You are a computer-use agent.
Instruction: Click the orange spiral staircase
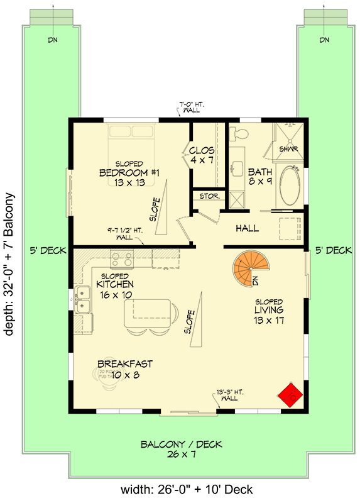tap(249, 268)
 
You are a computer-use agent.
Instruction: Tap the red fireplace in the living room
tap(291, 395)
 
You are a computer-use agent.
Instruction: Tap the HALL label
tap(247, 229)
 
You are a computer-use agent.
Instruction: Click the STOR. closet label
tap(209, 196)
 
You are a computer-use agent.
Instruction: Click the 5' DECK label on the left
tap(48, 250)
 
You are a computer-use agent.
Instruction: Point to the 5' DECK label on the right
tap(333, 250)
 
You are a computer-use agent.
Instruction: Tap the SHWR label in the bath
tap(288, 149)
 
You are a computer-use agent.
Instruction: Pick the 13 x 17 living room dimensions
tap(269, 320)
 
